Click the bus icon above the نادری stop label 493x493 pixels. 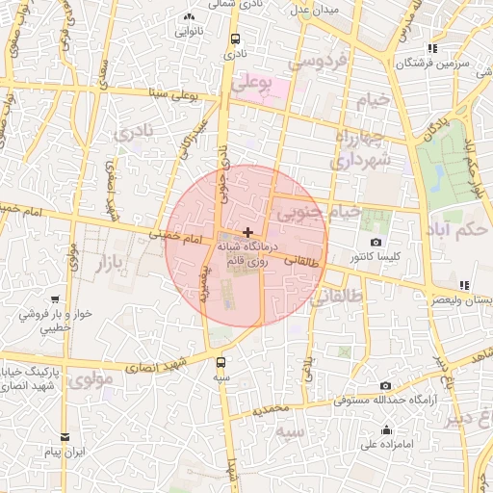(236, 39)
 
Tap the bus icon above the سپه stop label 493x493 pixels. (222, 362)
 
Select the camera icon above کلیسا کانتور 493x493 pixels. (376, 243)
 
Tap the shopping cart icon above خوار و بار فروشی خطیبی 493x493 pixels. (55, 299)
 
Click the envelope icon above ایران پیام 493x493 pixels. (65, 436)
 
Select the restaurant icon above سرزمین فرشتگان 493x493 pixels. (433, 47)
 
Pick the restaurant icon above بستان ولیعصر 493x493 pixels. (465, 285)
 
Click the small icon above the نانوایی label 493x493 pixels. (189, 16)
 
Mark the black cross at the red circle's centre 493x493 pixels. (247, 232)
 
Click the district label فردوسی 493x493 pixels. (323, 61)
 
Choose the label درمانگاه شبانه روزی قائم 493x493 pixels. (249, 254)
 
